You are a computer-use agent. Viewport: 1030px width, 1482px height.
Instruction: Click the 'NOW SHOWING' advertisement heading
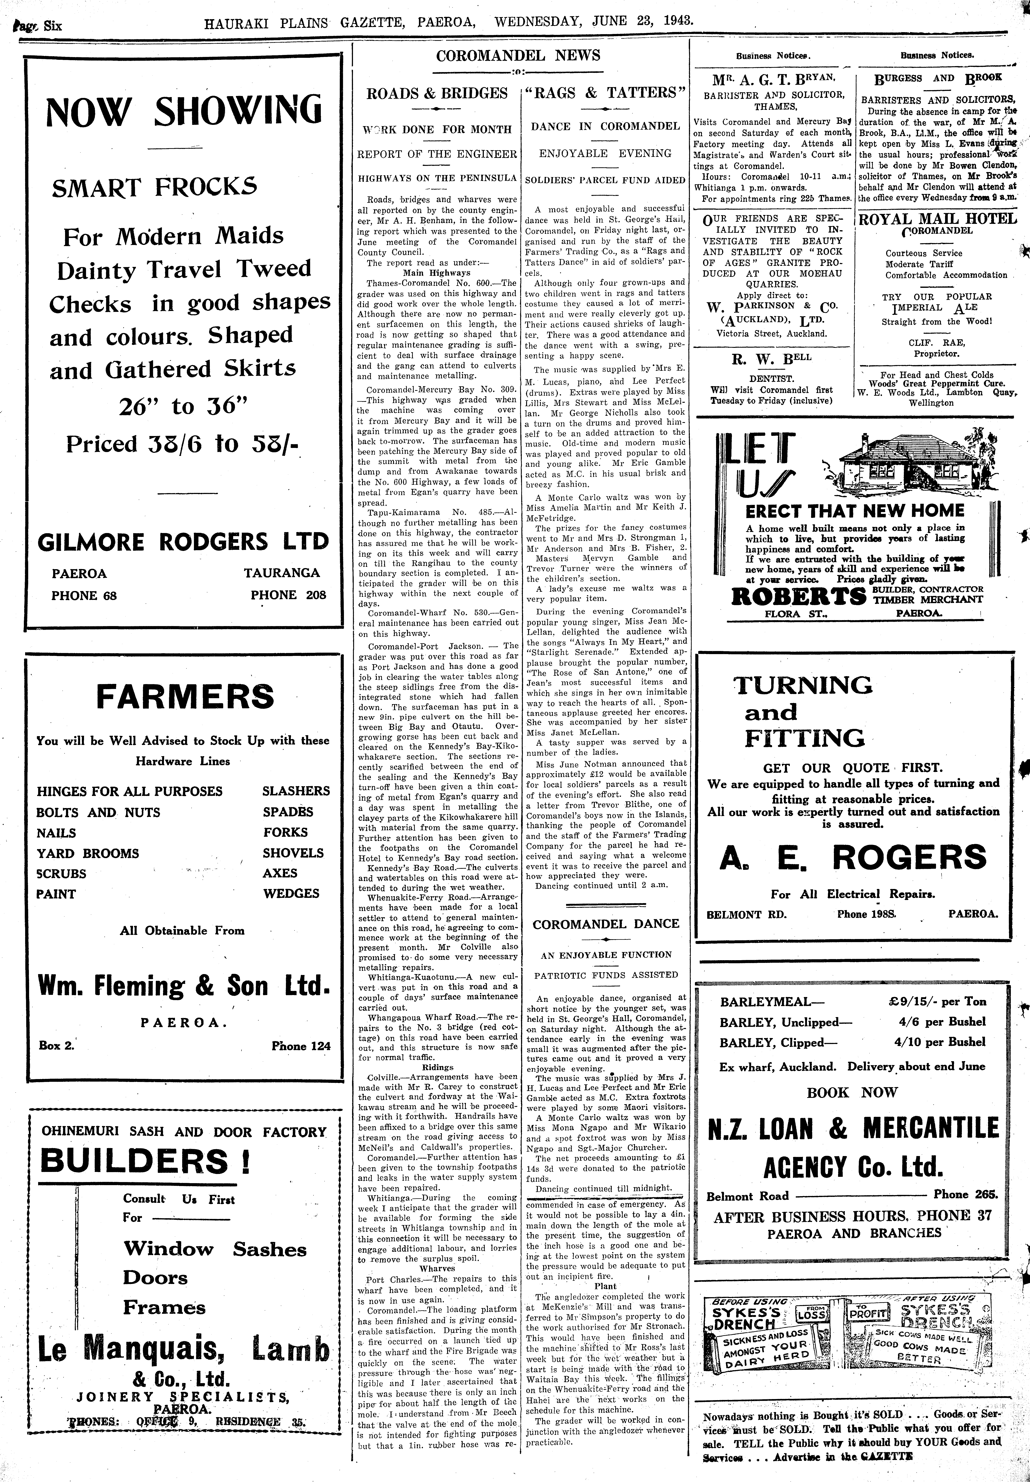click(x=183, y=111)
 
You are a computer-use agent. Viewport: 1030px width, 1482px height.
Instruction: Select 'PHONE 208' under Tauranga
click(x=288, y=595)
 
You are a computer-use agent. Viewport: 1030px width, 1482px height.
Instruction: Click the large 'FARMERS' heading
click(x=185, y=697)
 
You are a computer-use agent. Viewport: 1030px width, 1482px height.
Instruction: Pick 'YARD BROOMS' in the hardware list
click(x=88, y=853)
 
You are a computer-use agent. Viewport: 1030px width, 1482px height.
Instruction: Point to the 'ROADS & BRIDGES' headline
click(x=437, y=93)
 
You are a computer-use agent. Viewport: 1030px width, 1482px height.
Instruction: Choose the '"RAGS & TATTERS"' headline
click(x=605, y=93)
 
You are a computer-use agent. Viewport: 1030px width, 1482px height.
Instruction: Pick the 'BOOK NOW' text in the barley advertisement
click(x=852, y=1092)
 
